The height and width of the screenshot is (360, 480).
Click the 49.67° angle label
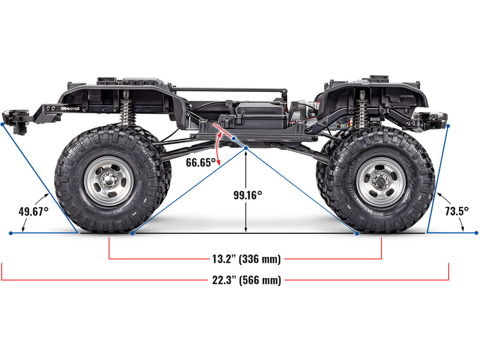[34, 211]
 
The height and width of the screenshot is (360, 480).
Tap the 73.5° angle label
[457, 211]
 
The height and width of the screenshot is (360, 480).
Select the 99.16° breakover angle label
[248, 195]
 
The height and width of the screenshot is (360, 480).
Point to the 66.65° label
[200, 162]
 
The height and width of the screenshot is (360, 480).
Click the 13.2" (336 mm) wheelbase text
[247, 259]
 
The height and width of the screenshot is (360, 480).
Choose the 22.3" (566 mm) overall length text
[247, 280]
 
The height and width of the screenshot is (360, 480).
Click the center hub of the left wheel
[108, 181]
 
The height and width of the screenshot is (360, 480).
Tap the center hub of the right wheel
[381, 181]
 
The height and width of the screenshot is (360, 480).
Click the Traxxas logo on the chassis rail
[70, 109]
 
